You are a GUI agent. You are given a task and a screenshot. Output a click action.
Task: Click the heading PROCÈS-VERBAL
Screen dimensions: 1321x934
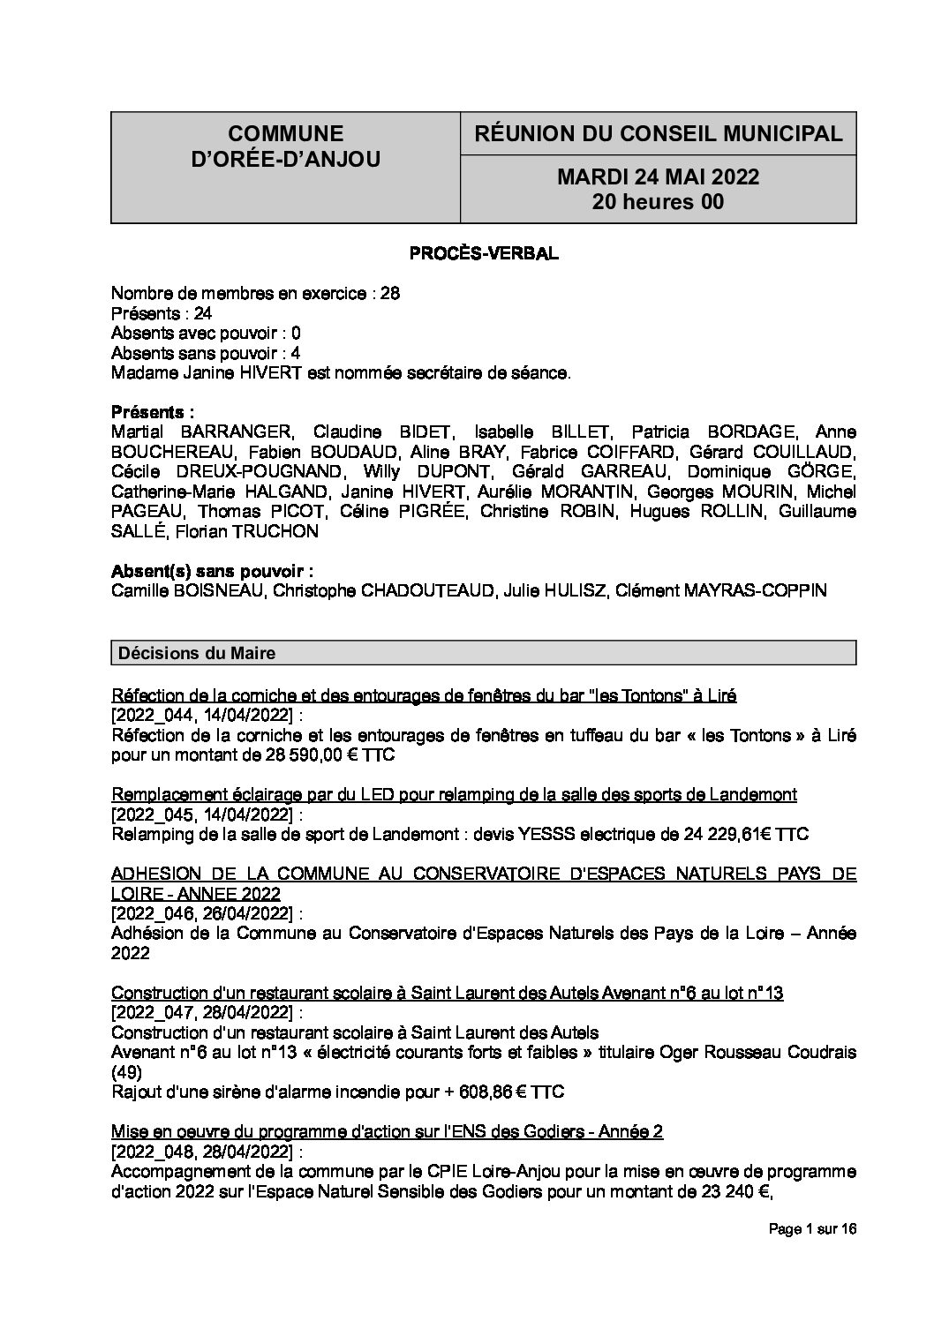(x=483, y=254)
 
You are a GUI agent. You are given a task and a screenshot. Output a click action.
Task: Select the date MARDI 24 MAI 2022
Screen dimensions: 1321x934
(x=658, y=177)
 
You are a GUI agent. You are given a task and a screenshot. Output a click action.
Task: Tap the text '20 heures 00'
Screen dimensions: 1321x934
(x=658, y=202)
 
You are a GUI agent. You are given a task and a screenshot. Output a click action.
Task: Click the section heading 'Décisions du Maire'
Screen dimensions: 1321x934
(x=197, y=653)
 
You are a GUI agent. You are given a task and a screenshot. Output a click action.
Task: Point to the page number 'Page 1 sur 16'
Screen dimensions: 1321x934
(x=812, y=1229)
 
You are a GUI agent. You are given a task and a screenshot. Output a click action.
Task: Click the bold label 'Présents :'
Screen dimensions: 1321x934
(x=153, y=412)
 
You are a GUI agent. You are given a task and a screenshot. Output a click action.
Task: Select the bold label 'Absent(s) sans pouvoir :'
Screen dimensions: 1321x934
(x=213, y=571)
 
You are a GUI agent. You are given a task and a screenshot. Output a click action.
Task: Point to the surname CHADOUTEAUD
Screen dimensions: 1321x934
(x=428, y=590)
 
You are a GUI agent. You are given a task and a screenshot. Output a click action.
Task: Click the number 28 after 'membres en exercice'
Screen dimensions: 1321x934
(x=389, y=294)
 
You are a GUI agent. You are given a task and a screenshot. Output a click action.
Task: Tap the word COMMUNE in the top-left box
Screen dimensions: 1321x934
(x=285, y=134)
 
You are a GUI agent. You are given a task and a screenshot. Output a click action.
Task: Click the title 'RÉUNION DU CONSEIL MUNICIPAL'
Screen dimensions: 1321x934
(x=658, y=134)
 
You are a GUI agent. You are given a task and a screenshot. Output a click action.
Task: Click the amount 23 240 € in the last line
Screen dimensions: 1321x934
(x=725, y=1192)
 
